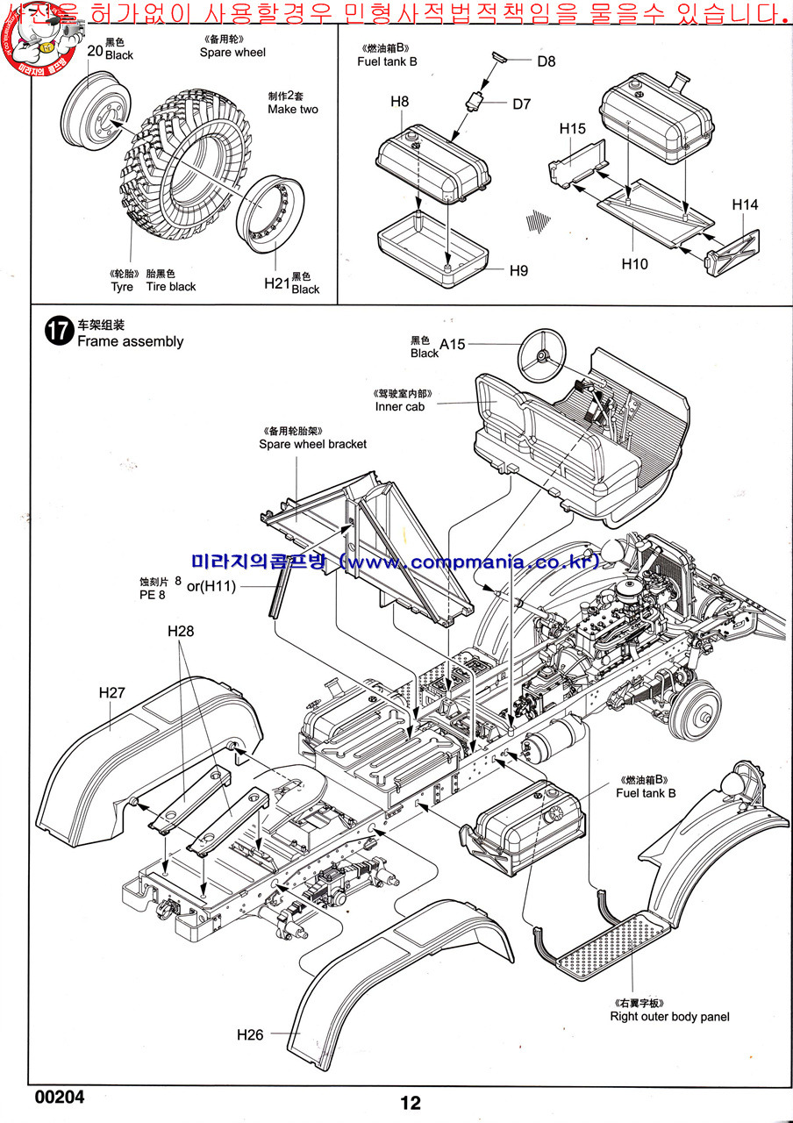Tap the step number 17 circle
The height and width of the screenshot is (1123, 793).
tap(59, 333)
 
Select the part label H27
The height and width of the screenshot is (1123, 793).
tap(112, 692)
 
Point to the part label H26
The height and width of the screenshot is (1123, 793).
tap(250, 1035)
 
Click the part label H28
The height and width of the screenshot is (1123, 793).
tap(181, 631)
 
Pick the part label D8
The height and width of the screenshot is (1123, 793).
tap(547, 61)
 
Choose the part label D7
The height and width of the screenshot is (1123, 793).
tap(522, 104)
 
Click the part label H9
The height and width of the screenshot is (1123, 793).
tap(518, 270)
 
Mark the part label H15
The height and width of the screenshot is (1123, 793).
tap(572, 129)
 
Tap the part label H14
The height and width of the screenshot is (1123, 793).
tap(745, 204)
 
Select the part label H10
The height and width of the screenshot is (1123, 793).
tap(634, 263)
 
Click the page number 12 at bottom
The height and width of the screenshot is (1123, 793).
tap(411, 1104)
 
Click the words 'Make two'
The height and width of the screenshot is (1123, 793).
tap(293, 110)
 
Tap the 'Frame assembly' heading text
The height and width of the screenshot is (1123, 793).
tap(131, 341)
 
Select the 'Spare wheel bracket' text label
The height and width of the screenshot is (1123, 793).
tap(312, 444)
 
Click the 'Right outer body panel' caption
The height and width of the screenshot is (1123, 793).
tap(669, 1017)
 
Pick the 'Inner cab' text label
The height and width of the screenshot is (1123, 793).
tap(401, 406)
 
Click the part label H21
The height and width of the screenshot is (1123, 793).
tap(276, 283)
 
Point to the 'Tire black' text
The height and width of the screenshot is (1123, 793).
tap(171, 287)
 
